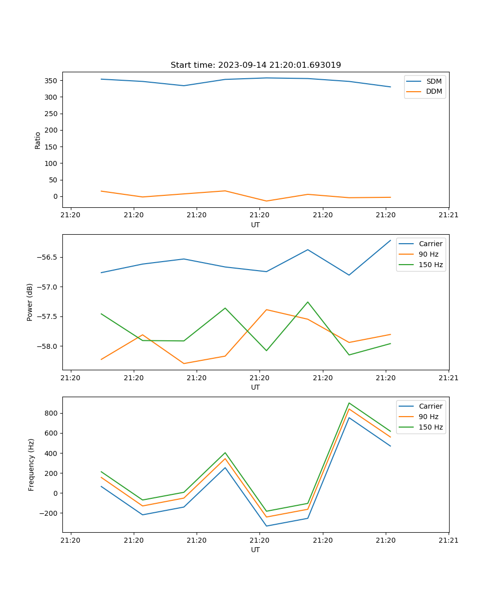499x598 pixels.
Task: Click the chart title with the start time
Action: [255, 65]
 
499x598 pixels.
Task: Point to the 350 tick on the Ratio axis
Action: [51, 81]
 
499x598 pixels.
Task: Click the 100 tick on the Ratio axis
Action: [51, 163]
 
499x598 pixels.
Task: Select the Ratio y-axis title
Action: [38, 140]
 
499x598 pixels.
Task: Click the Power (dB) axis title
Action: [30, 302]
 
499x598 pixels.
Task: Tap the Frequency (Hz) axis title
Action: [31, 464]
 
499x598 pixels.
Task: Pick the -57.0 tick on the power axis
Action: [47, 287]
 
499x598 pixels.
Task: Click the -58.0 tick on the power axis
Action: [47, 346]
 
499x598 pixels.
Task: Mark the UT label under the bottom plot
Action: [255, 550]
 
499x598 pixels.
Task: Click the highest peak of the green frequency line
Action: [349, 403]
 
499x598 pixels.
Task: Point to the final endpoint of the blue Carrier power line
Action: [390, 240]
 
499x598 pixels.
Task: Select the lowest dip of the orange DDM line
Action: [266, 201]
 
